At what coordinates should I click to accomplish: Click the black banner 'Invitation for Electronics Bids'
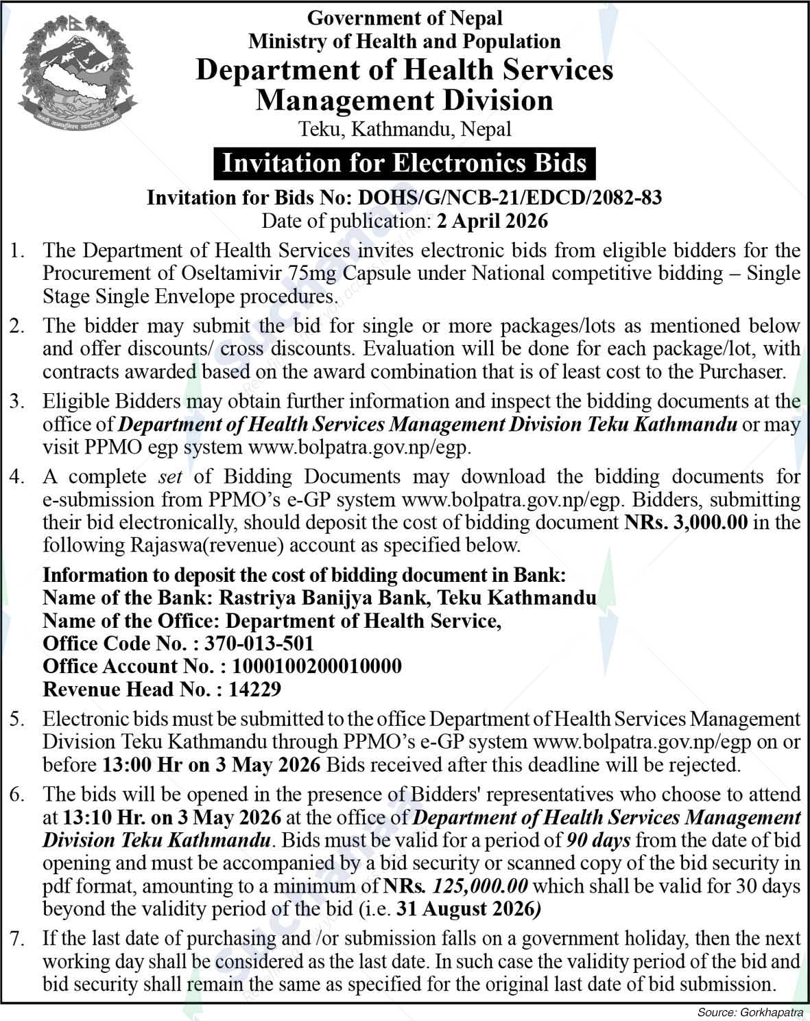pyautogui.click(x=405, y=163)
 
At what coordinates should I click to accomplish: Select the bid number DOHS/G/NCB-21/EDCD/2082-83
pyautogui.click(x=510, y=198)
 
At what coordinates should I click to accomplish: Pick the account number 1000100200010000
pyautogui.click(x=317, y=666)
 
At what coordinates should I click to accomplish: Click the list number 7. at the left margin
pyautogui.click(x=17, y=938)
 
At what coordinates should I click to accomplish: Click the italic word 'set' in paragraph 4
pyautogui.click(x=169, y=476)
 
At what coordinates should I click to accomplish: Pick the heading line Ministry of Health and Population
pyautogui.click(x=405, y=41)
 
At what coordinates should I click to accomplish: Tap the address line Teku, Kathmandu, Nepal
pyautogui.click(x=405, y=128)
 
